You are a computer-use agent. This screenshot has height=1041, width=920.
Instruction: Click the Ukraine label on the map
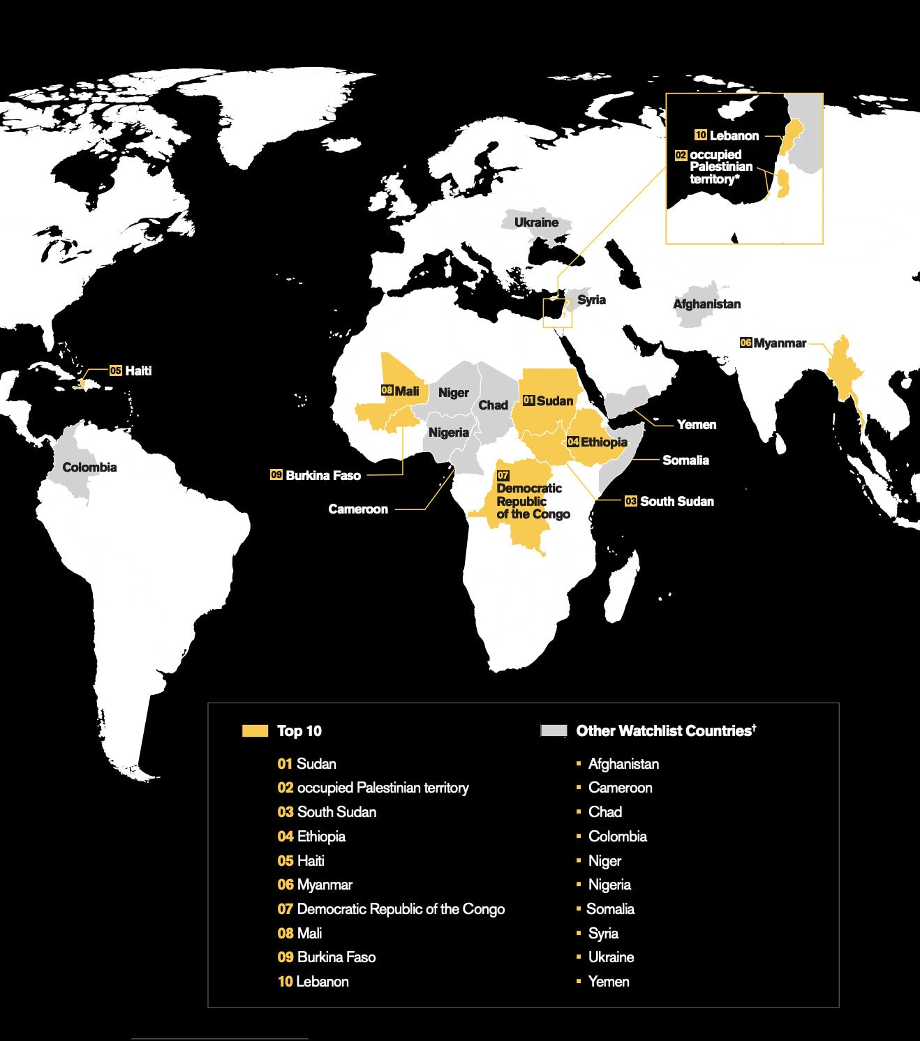536,223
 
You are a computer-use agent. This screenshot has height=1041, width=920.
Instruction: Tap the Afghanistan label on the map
706,304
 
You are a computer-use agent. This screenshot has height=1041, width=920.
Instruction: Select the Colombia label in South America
89,467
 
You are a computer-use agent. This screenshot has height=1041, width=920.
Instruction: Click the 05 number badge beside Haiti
116,370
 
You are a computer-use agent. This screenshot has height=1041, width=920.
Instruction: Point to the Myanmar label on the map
780,343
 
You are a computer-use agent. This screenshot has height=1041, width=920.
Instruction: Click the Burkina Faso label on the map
323,476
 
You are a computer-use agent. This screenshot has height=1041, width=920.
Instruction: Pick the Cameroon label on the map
358,509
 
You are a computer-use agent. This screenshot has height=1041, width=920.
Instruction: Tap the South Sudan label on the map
676,502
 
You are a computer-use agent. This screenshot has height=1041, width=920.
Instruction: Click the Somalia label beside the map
685,460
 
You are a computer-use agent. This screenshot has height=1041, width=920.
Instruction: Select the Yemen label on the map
696,425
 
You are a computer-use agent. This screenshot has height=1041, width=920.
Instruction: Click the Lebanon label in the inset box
734,136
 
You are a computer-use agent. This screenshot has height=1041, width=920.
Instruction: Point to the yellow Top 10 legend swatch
255,731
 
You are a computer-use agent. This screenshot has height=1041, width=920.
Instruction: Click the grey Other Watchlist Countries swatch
554,731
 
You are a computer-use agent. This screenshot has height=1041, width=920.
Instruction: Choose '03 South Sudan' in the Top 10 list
327,812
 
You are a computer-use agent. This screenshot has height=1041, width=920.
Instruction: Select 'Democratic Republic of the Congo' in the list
400,909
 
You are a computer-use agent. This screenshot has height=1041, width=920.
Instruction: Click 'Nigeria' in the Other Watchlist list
609,885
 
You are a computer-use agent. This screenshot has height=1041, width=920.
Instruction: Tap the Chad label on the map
493,405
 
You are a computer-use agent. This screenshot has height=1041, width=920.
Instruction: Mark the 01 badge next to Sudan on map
528,400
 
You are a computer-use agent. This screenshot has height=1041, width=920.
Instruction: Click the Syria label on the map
591,300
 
